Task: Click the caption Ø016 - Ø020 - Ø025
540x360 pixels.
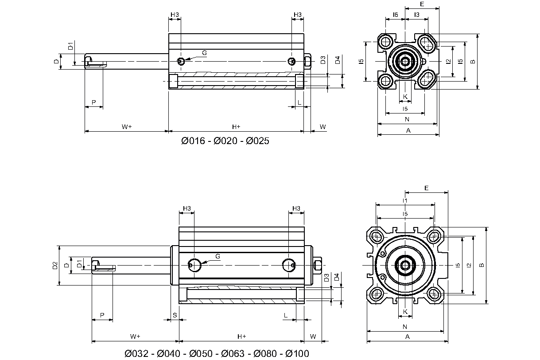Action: pyautogui.click(x=225, y=141)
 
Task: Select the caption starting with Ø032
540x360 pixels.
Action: pyautogui.click(x=217, y=353)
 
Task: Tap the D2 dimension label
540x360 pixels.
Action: pyautogui.click(x=55, y=266)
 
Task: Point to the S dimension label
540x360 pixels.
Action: pyautogui.click(x=175, y=315)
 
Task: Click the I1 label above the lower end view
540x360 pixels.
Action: pyautogui.click(x=405, y=201)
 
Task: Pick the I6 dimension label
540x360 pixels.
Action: pyautogui.click(x=395, y=15)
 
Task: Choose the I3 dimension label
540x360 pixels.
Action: pyautogui.click(x=417, y=15)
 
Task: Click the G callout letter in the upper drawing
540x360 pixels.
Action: pyautogui.click(x=204, y=53)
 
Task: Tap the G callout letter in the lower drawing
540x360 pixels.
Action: pyautogui.click(x=218, y=256)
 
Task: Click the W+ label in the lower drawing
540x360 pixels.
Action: pyautogui.click(x=135, y=337)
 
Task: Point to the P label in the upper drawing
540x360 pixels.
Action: pyautogui.click(x=93, y=102)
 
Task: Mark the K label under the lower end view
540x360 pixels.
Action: pyautogui.click(x=405, y=312)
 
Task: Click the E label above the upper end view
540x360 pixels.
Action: pyautogui.click(x=422, y=4)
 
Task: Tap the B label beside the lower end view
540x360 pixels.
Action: pyautogui.click(x=482, y=265)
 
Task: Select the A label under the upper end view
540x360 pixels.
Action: pyautogui.click(x=408, y=130)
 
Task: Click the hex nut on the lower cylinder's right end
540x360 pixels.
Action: pyautogui.click(x=317, y=265)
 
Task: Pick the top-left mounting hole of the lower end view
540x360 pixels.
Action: pyautogui.click(x=377, y=235)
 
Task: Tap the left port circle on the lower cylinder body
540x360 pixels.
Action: pyautogui.click(x=194, y=265)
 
